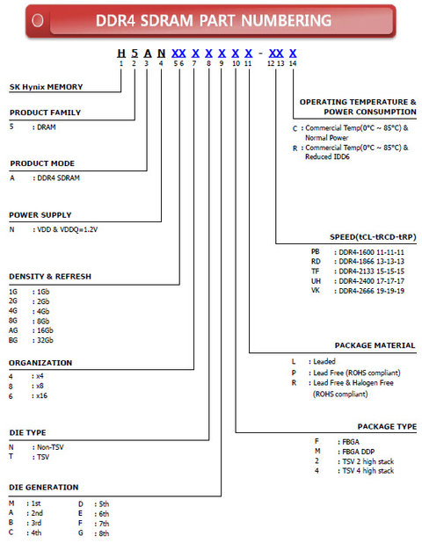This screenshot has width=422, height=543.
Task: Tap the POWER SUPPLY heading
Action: pyautogui.click(x=40, y=214)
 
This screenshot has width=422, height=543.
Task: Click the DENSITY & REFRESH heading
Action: pyautogui.click(x=50, y=276)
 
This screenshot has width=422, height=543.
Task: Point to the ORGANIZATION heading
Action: pyautogui.click(x=40, y=362)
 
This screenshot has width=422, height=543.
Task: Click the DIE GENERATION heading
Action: pyautogui.click(x=44, y=487)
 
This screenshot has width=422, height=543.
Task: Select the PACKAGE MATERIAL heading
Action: pyautogui.click(x=375, y=345)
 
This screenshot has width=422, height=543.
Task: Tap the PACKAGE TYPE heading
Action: pyautogui.click(x=387, y=425)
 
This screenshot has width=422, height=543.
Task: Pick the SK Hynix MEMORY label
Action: pyautogui.click(x=47, y=88)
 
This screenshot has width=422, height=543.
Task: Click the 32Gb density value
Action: pyautogui.click(x=45, y=340)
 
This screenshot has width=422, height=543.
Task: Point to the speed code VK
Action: pyautogui.click(x=315, y=290)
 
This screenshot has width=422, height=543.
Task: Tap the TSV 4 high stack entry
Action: pyautogui.click(x=367, y=471)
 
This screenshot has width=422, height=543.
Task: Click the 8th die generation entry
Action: pyautogui.click(x=104, y=533)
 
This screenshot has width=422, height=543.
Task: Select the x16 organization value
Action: pyautogui.click(x=40, y=396)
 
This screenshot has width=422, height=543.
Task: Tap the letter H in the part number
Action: pyautogui.click(x=120, y=53)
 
